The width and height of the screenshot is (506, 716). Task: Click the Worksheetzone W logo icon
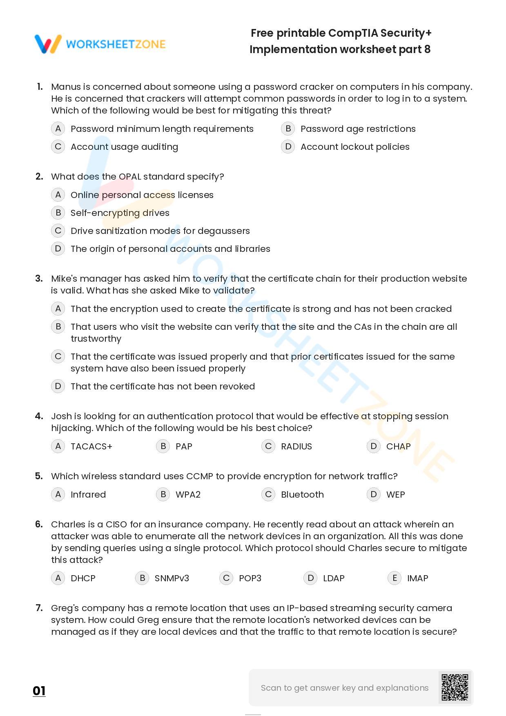point(48,44)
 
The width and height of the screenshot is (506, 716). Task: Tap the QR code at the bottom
point(455,687)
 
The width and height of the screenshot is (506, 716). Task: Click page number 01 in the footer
point(39,691)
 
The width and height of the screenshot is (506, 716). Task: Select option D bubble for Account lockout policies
point(288,147)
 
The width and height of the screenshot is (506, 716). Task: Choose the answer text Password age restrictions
point(358,129)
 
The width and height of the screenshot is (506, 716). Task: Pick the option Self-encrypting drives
point(120,213)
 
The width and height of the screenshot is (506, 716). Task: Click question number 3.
point(39,278)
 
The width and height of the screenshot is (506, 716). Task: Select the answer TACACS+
point(91,446)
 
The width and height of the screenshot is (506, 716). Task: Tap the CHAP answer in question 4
point(398,446)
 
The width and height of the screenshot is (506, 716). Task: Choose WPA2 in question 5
point(188,494)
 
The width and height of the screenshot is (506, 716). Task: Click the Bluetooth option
point(302,494)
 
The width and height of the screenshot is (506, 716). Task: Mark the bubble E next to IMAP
point(395,578)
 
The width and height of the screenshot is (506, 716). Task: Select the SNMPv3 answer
point(172,578)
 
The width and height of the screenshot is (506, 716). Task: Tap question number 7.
point(39,608)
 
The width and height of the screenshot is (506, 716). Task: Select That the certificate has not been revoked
point(163,386)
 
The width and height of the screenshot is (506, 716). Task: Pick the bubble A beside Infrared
point(58,494)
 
